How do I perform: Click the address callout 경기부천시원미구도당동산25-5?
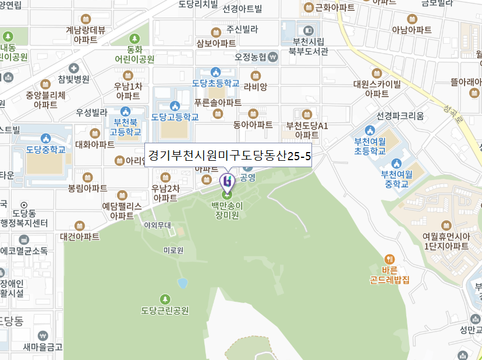click(228, 156)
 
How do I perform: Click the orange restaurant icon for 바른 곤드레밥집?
click(389, 259)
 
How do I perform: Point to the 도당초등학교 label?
click(216, 83)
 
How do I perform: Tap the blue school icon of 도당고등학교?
click(175, 105)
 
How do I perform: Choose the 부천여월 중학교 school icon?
click(397, 163)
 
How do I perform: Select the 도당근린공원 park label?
click(165, 310)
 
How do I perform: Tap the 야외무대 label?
click(157, 225)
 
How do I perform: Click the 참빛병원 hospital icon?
click(73, 68)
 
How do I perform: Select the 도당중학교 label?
click(45, 150)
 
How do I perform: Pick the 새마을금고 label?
click(42, 348)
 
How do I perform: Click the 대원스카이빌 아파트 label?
click(377, 89)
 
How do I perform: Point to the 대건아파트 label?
click(80, 237)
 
